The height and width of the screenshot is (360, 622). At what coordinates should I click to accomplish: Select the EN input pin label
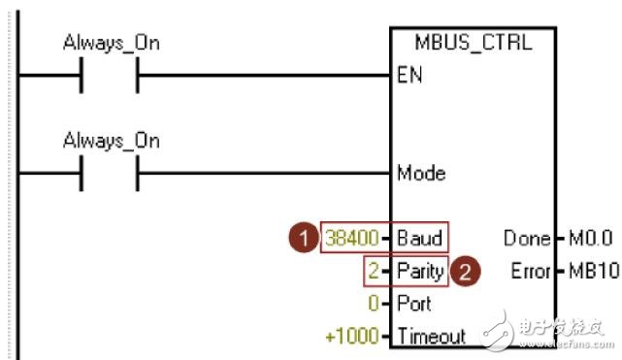coord(409,76)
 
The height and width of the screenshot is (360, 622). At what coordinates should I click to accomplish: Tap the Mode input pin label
coord(421,174)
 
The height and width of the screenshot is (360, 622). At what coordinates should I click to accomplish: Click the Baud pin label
coord(420,238)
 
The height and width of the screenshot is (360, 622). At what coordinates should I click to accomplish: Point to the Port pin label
coord(414,304)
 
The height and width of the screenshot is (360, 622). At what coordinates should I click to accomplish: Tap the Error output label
coord(530,271)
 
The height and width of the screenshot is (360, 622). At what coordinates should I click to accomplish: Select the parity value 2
coord(373,271)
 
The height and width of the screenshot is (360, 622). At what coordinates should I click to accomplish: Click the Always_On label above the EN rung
coord(111,43)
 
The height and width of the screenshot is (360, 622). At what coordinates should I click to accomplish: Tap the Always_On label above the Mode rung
coord(111,141)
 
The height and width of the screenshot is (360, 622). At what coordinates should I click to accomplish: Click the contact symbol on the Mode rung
coord(110,174)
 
